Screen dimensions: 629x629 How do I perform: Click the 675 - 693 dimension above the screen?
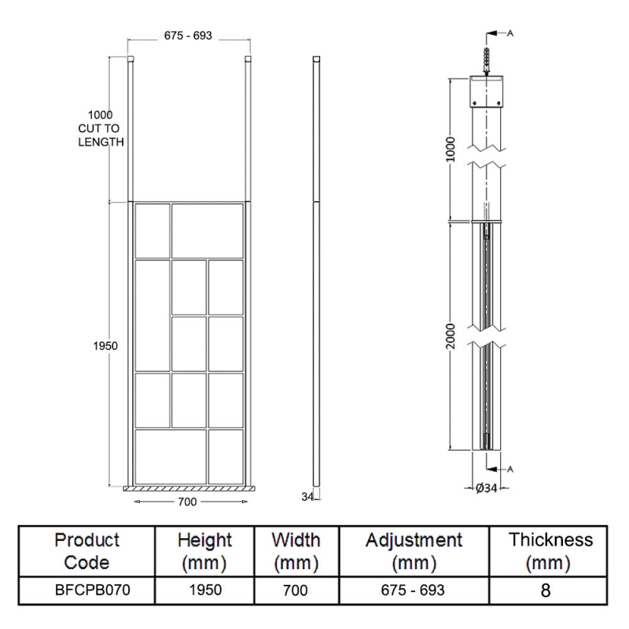point(189,35)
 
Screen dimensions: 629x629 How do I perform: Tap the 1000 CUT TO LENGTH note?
point(101,127)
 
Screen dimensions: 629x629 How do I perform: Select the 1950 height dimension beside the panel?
point(106,346)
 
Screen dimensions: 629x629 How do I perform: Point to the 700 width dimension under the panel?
point(187,501)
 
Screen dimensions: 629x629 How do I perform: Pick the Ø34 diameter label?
point(487,488)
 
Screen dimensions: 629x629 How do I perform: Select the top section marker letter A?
point(511,33)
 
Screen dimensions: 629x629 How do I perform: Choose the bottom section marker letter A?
point(511,469)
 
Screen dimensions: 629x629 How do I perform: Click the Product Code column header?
point(87,551)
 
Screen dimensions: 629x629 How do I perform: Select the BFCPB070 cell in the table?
point(87,590)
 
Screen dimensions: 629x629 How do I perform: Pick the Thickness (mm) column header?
point(550,551)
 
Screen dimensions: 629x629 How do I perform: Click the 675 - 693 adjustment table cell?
point(414,590)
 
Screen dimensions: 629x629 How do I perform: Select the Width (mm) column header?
point(296,551)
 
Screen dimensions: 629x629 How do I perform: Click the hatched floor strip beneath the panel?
point(189,488)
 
